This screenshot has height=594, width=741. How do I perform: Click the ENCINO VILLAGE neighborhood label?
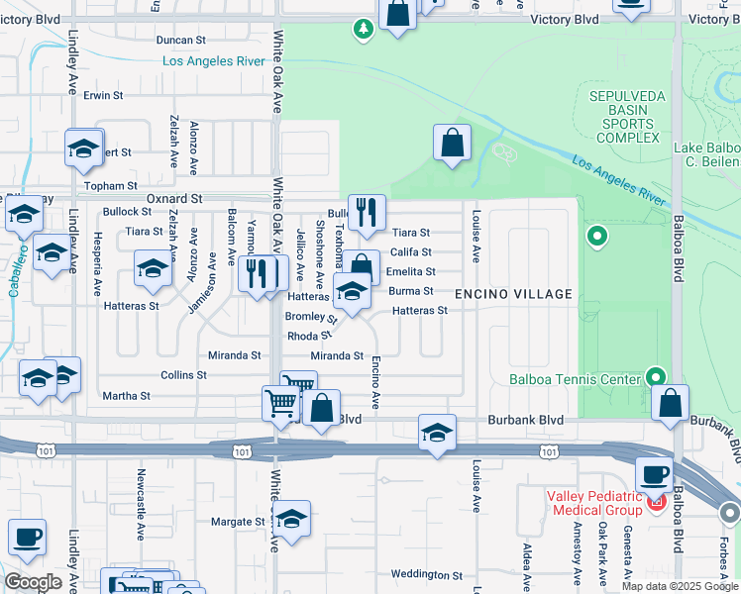[513, 294]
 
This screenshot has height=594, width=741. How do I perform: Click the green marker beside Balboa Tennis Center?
[654, 377]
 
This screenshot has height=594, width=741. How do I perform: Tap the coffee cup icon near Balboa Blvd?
[654, 475]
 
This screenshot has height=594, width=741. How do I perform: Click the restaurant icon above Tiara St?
[367, 211]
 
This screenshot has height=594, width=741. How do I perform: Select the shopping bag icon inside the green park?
[452, 143]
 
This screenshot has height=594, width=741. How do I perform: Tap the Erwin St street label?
[103, 96]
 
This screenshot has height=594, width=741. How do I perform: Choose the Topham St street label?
[111, 186]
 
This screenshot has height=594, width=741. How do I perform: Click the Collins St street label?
[183, 375]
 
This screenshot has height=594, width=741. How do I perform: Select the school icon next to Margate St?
[291, 519]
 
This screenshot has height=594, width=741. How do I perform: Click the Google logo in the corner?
[33, 582]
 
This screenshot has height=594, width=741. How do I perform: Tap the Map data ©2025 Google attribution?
[679, 586]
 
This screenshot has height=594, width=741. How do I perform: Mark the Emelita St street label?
[410, 271]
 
